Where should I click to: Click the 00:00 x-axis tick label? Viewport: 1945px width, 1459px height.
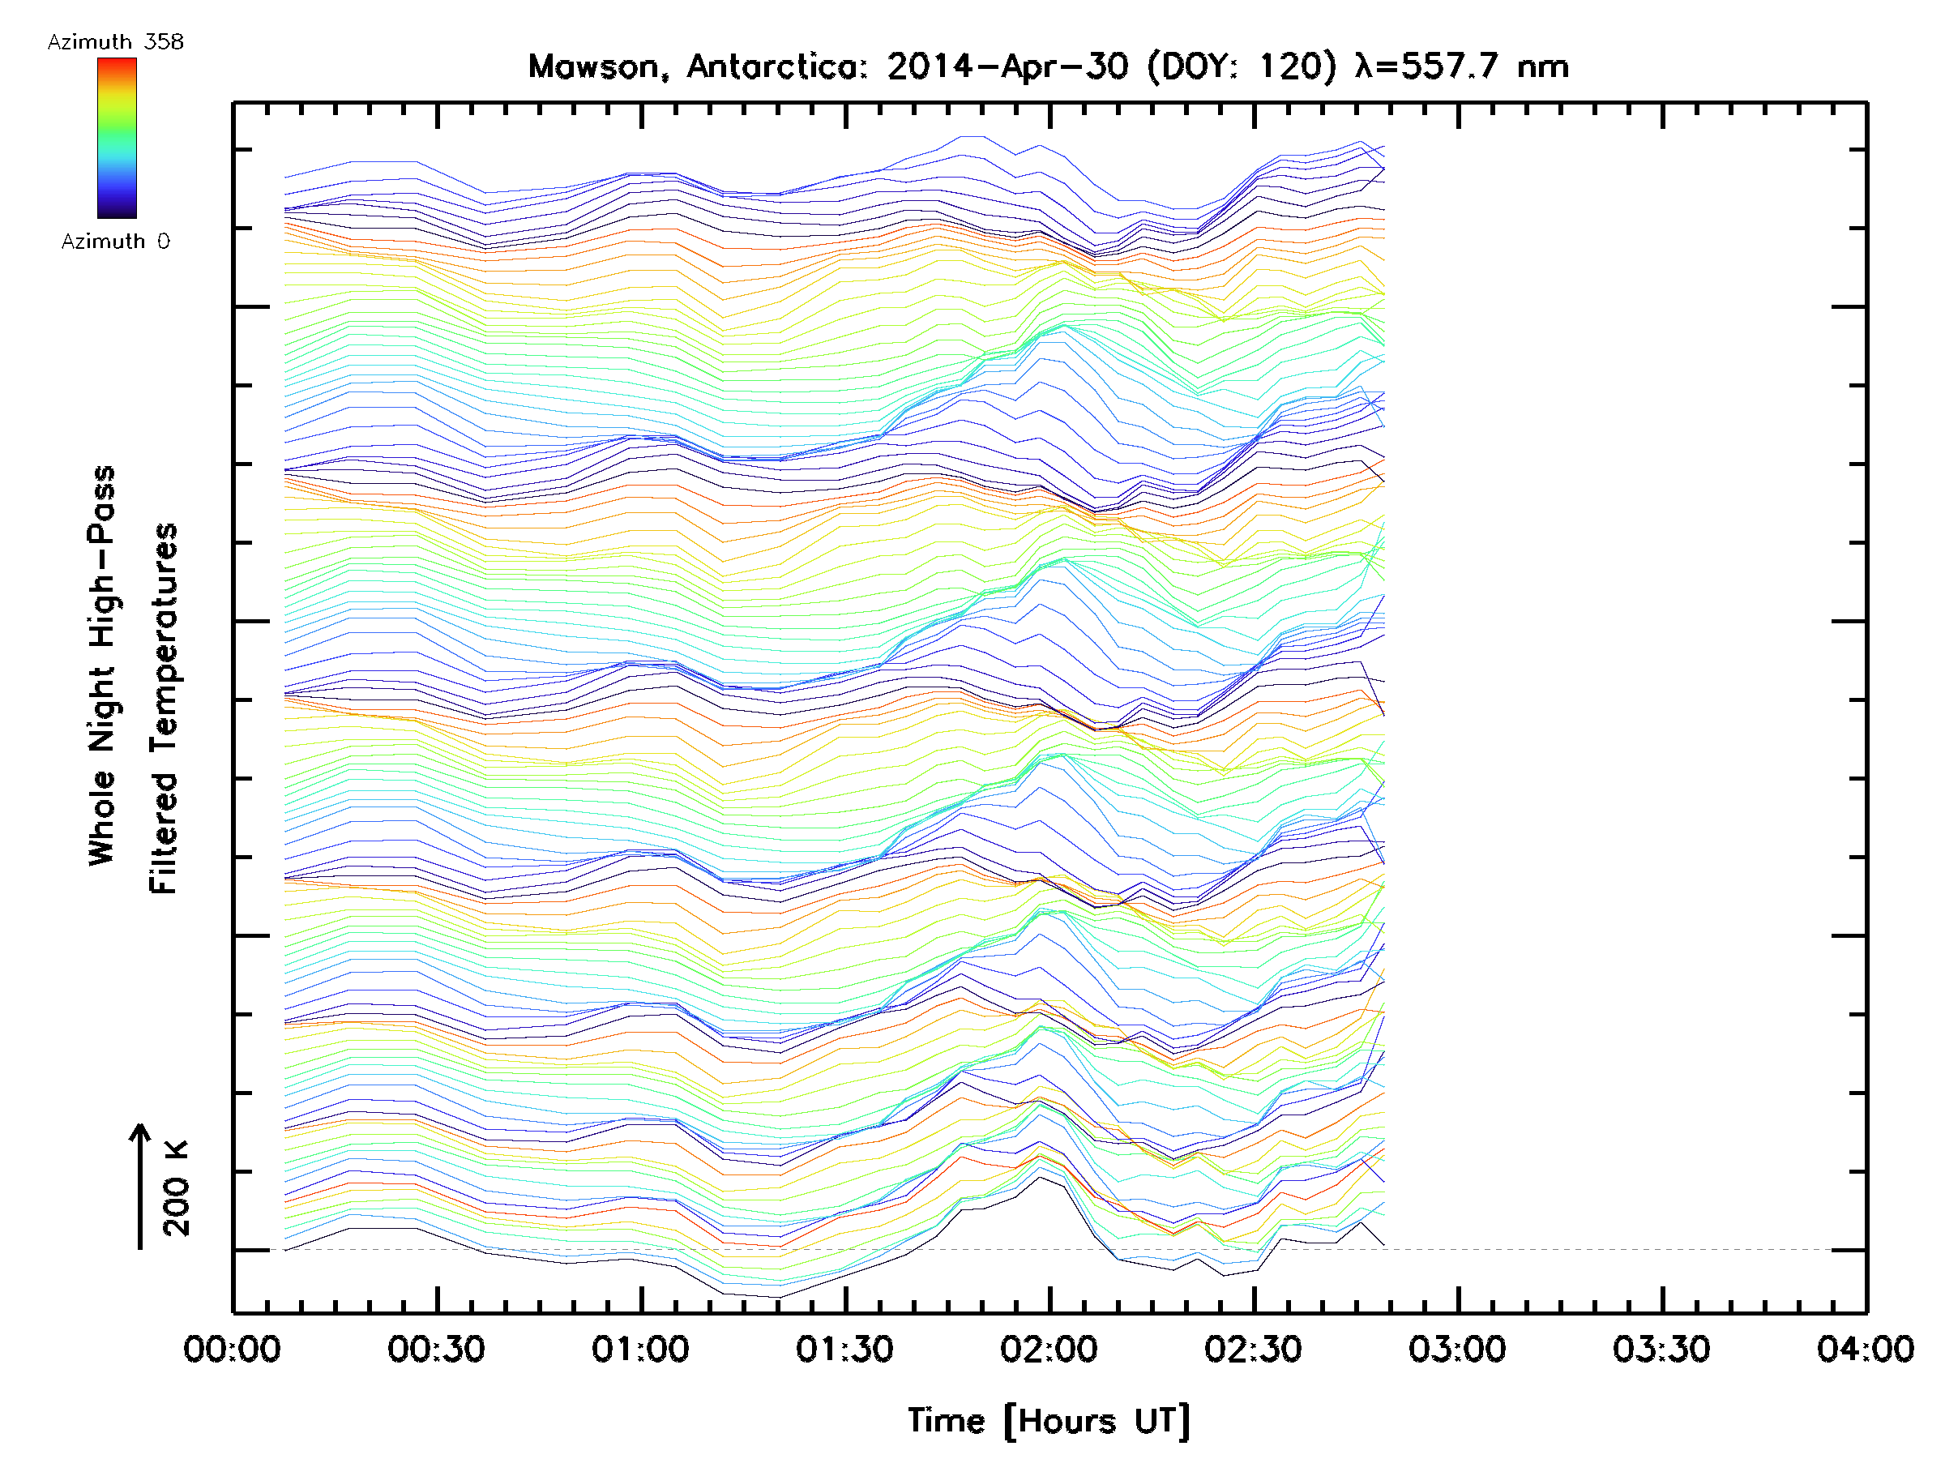click(232, 1349)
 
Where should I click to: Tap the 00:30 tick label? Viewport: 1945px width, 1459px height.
click(436, 1349)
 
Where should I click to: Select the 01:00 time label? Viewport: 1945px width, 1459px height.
click(640, 1349)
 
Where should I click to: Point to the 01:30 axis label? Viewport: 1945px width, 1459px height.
click(844, 1349)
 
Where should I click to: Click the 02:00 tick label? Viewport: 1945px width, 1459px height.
click(1048, 1349)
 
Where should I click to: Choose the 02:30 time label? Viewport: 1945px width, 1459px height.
click(1253, 1349)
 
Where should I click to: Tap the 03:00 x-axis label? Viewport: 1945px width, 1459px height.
click(1457, 1349)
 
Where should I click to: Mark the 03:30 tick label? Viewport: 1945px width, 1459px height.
click(1661, 1349)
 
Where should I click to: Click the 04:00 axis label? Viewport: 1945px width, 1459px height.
click(1865, 1349)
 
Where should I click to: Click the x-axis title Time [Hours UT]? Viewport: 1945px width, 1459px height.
click(1048, 1420)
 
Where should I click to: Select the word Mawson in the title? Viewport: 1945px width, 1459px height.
click(593, 66)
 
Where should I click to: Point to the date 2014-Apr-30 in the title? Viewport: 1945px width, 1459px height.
click(1007, 66)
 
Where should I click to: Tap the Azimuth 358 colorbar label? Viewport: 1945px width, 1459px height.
click(115, 42)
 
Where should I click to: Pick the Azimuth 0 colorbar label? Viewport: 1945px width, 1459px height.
click(115, 241)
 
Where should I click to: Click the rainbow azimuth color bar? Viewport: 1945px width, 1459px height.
click(117, 138)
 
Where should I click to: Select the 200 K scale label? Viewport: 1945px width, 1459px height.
click(176, 1188)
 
